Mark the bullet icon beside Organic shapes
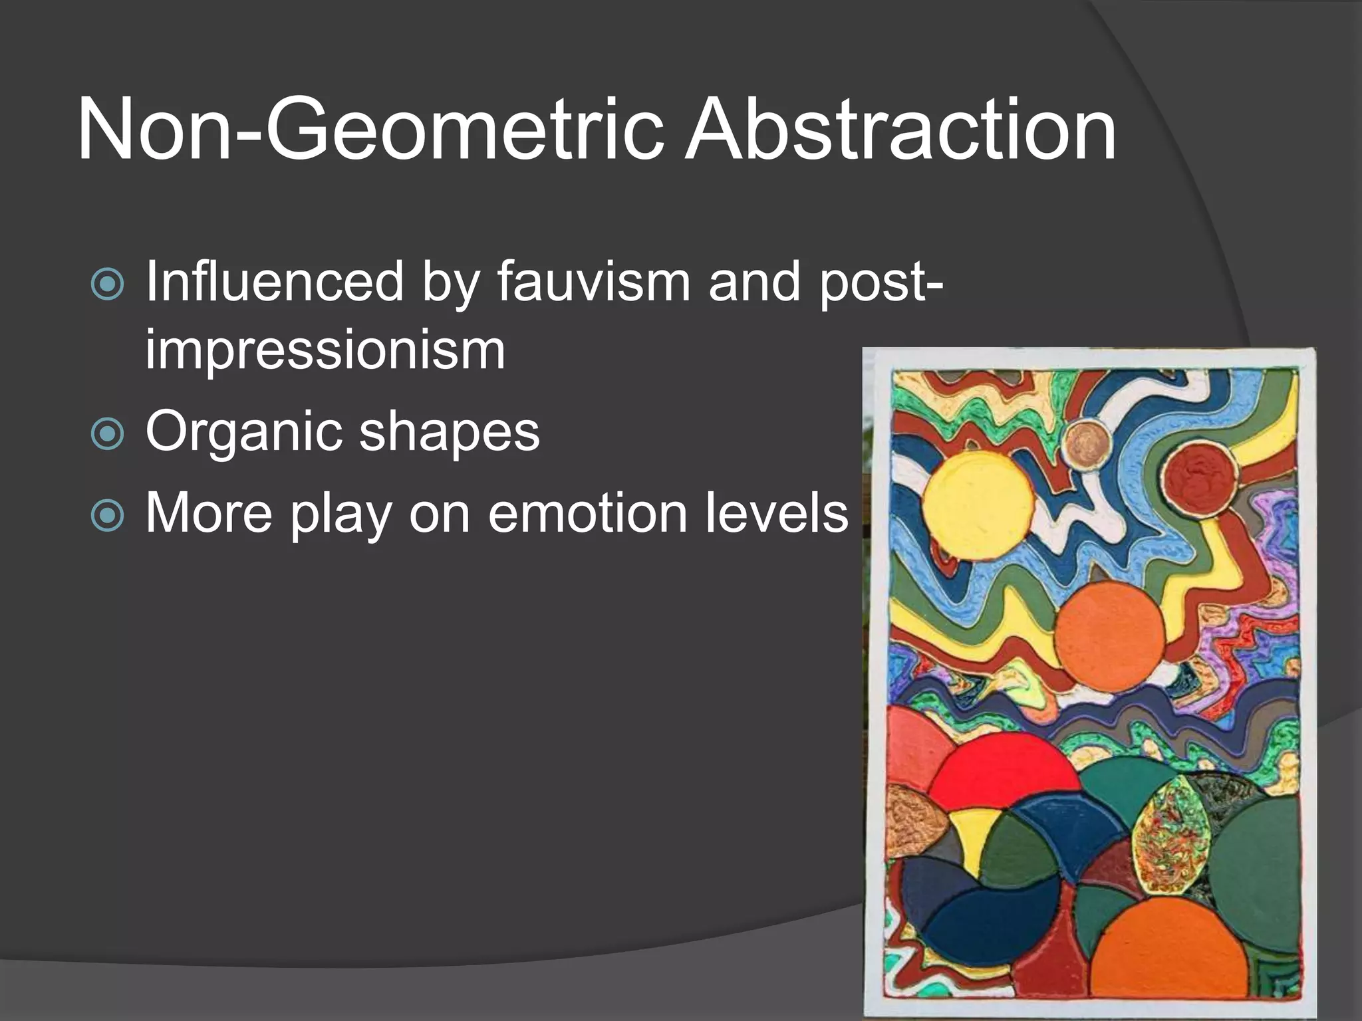click(x=107, y=434)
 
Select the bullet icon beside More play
click(x=107, y=516)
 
